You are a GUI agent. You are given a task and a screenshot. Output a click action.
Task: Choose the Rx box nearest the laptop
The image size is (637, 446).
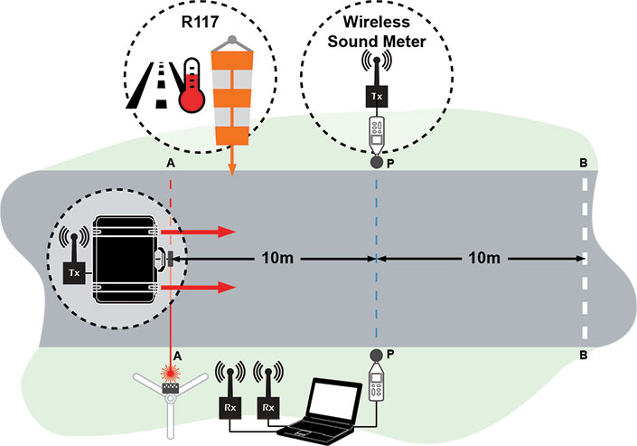point(267,406)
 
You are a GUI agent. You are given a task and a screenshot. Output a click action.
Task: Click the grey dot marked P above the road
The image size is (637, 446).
point(377,163)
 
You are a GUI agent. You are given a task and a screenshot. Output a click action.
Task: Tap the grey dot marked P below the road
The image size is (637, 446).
point(377,354)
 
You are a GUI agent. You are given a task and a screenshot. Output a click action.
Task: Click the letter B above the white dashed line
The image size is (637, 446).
point(584,163)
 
